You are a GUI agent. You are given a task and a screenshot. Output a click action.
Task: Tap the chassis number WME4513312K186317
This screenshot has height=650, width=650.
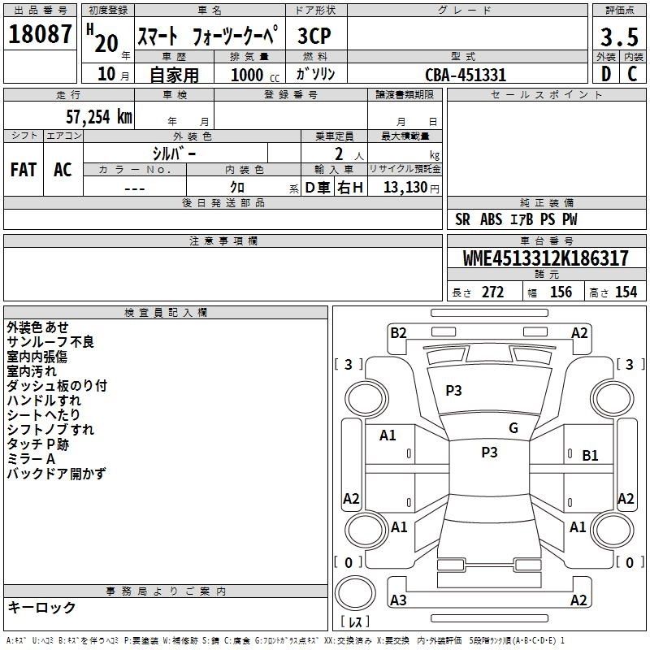coord(545,259)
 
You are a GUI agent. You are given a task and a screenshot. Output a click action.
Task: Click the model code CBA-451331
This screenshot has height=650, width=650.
coord(466,75)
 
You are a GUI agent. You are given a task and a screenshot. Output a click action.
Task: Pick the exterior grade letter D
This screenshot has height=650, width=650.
coord(605,75)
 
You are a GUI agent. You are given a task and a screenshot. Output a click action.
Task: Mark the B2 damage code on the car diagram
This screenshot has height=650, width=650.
coord(398,332)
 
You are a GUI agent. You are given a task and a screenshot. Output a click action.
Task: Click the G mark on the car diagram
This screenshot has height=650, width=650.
coord(513,428)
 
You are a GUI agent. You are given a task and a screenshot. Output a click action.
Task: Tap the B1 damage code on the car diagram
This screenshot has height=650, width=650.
coord(590,456)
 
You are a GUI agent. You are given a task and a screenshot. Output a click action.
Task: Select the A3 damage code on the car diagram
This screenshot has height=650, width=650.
coord(398,600)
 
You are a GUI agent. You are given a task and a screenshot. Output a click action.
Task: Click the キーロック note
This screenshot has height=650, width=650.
coord(41,607)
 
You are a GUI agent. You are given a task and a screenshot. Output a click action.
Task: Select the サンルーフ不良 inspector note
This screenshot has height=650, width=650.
coord(50,342)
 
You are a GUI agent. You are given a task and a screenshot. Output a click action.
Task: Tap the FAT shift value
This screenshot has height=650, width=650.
coord(23,170)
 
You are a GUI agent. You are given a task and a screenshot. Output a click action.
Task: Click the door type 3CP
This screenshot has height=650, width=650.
coord(314,37)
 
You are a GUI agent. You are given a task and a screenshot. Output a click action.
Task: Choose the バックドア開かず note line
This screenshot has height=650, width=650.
coord(56,474)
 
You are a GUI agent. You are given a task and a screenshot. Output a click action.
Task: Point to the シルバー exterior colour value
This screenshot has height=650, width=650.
coord(174,153)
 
